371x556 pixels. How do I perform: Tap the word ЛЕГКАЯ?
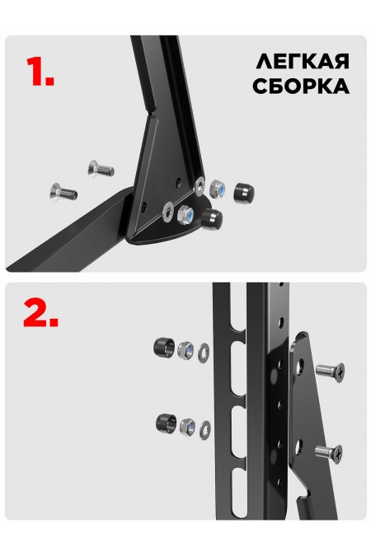coord(302,63)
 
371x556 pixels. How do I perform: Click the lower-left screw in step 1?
coord(63,193)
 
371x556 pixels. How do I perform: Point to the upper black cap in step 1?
coord(242,193)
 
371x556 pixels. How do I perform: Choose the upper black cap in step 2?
coord(162,347)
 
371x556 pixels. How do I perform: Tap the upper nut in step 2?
coord(186,350)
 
